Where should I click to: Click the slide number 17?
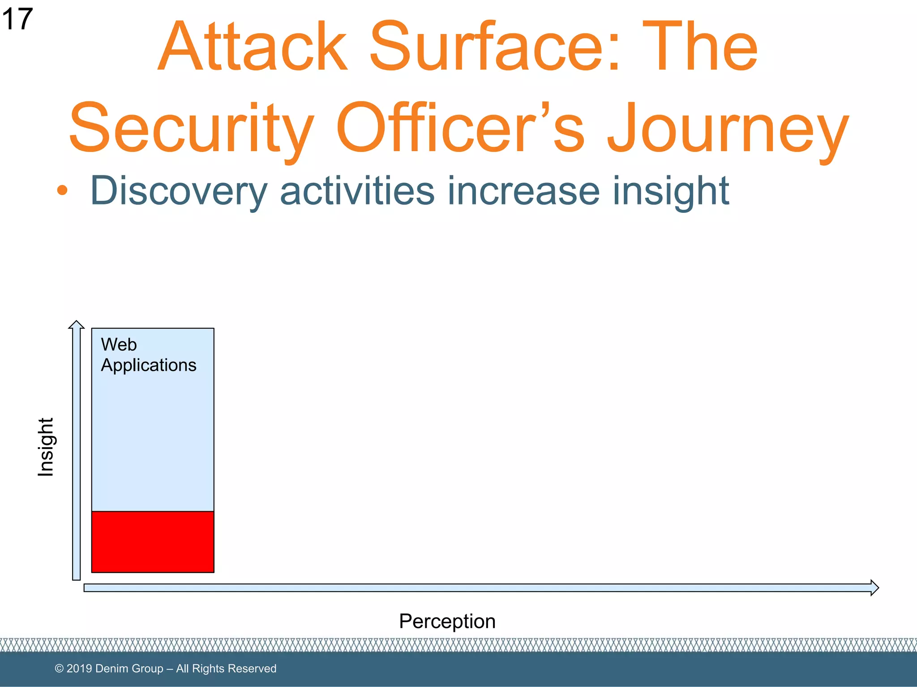(x=17, y=19)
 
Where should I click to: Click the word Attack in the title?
(x=253, y=47)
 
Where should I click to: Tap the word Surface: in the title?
(x=495, y=47)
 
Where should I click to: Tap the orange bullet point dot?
(x=62, y=191)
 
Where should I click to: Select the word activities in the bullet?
(x=357, y=191)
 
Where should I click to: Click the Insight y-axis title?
(x=46, y=447)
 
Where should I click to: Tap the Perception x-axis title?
(x=447, y=621)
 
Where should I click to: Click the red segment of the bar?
(x=153, y=542)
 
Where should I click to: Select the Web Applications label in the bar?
(x=148, y=355)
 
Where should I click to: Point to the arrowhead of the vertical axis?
(x=77, y=324)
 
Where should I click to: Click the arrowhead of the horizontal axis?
(x=874, y=588)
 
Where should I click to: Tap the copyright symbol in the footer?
(x=59, y=669)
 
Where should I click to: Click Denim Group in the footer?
(x=129, y=669)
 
